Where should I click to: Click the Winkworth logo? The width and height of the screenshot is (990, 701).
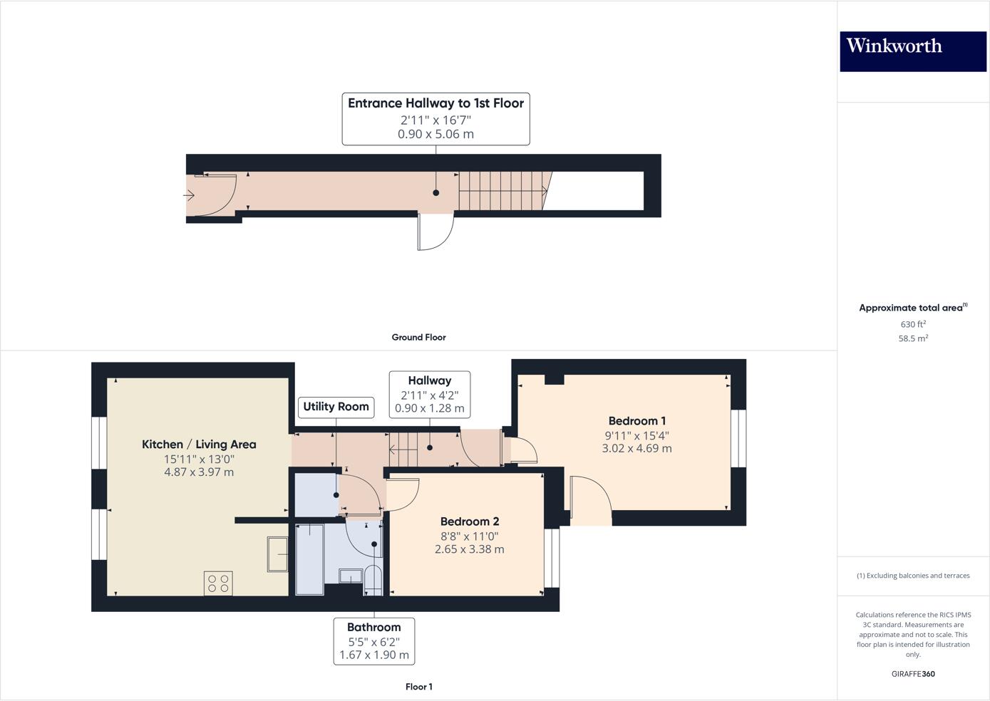coord(912,51)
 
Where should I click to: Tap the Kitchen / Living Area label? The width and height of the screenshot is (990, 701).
coord(199,445)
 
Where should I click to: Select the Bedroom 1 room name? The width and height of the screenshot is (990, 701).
coord(636,421)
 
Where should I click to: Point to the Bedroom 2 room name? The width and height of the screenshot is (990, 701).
coord(469,521)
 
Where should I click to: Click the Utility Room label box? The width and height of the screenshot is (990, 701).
coord(336,407)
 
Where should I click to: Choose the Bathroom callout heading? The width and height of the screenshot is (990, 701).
coord(373,628)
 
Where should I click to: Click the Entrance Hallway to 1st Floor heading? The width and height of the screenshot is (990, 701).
coord(435,103)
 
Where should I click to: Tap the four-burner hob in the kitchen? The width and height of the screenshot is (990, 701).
coord(218,584)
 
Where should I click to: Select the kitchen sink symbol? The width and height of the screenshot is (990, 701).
coord(277,554)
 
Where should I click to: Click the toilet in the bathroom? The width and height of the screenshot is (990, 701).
coord(373,580)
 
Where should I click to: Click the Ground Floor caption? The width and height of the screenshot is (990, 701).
coord(418,338)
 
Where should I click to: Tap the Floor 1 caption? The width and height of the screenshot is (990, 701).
coord(418,687)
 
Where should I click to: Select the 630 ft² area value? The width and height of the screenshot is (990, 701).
coord(912,325)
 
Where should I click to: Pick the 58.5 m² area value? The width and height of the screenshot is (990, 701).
coord(912,339)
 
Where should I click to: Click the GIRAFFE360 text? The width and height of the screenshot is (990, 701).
coord(912,674)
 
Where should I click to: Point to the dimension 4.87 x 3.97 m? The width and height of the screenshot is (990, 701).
coord(199,472)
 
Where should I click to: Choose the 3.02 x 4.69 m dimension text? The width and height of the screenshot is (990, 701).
coord(636,449)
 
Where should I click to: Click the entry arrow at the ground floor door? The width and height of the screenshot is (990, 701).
coord(190,194)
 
